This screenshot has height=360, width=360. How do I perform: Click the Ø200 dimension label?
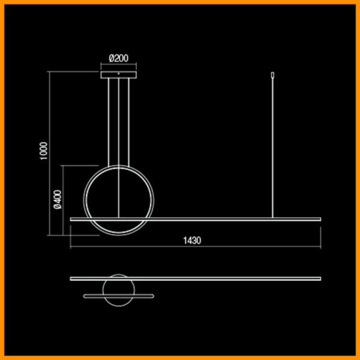119,59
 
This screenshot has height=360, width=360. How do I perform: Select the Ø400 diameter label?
57,199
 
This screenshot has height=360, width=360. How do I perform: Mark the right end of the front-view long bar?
320,219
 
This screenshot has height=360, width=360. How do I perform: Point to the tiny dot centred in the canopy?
119,73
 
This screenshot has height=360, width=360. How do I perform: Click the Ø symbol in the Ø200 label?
112,59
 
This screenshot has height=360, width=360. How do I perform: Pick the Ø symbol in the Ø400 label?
57,206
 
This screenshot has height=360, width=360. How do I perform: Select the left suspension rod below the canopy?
109,120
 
